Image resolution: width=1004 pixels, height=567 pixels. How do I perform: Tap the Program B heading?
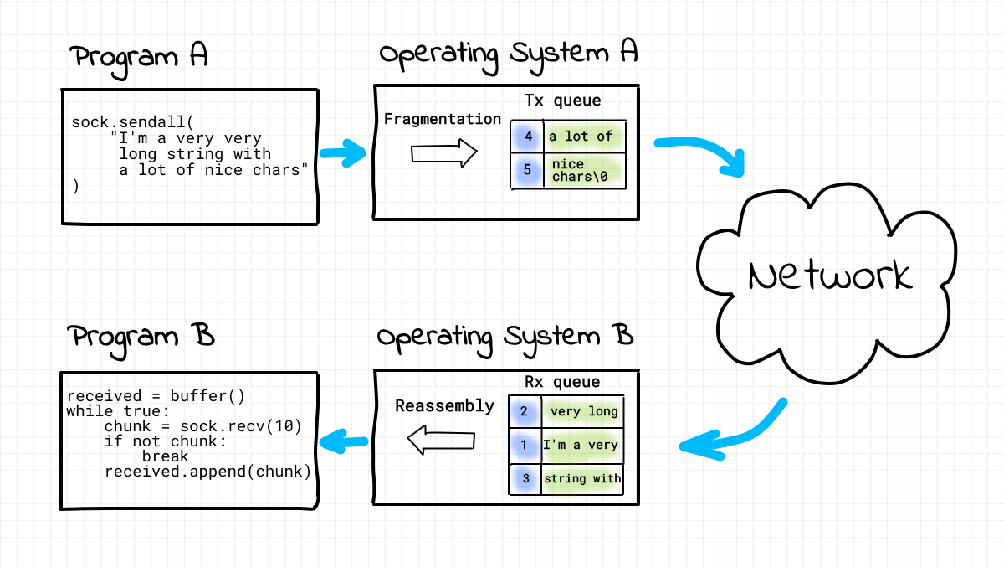pyautogui.click(x=142, y=336)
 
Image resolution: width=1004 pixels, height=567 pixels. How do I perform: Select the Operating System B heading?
pyautogui.click(x=505, y=336)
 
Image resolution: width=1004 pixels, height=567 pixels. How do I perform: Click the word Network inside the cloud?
pyautogui.click(x=830, y=276)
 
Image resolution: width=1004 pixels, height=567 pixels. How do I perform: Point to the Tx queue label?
pyautogui.click(x=562, y=101)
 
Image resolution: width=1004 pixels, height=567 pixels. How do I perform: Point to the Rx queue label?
pyautogui.click(x=562, y=382)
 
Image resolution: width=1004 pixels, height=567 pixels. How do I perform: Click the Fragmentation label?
pyautogui.click(x=442, y=119)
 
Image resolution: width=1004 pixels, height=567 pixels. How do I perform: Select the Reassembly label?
pyautogui.click(x=444, y=405)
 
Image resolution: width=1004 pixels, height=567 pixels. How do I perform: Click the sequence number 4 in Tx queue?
pyautogui.click(x=528, y=136)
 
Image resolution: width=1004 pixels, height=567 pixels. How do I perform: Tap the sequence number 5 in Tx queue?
pyautogui.click(x=527, y=170)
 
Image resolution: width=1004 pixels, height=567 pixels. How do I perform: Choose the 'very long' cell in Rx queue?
pyautogui.click(x=583, y=411)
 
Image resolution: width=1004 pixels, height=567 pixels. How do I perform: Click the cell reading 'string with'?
pyautogui.click(x=582, y=479)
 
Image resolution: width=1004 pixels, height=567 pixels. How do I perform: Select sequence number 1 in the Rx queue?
pyautogui.click(x=525, y=445)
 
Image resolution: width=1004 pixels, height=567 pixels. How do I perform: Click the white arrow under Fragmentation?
pyautogui.click(x=443, y=153)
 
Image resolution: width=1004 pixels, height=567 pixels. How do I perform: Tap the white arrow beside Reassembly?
pyautogui.click(x=440, y=441)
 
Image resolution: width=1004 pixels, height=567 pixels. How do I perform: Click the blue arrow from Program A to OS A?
pyautogui.click(x=344, y=153)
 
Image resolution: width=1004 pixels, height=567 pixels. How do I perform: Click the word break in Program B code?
pyautogui.click(x=165, y=456)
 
